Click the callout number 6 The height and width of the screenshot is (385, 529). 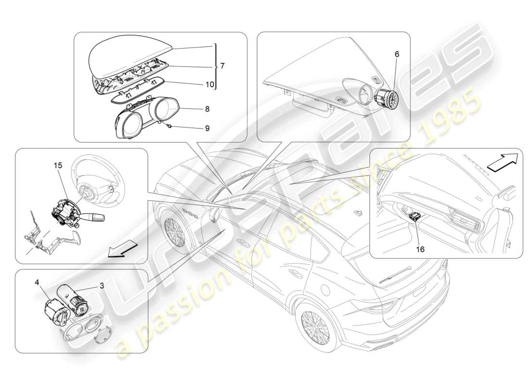(397, 54)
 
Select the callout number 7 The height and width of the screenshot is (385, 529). (222, 66)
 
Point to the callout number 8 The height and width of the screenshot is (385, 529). (207, 109)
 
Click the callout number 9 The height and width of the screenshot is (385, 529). (207, 129)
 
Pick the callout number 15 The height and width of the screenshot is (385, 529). (58, 165)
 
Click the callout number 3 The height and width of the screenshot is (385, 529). (101, 285)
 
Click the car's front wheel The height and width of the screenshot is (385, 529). (174, 230)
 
